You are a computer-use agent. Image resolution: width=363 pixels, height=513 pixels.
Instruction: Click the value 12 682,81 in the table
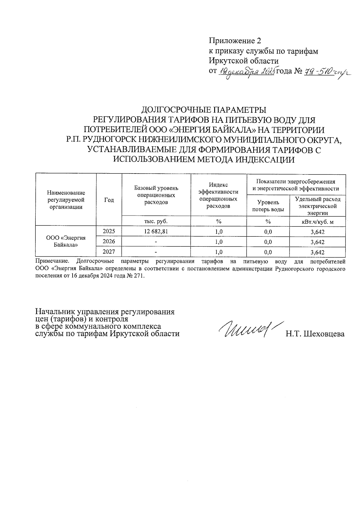pyautogui.click(x=156, y=232)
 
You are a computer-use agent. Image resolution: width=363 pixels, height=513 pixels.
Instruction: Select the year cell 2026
pyautogui.click(x=109, y=242)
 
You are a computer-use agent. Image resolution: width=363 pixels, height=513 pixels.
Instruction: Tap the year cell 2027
pyautogui.click(x=109, y=252)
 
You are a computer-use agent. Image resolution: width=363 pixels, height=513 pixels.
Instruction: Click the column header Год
pyautogui.click(x=109, y=200)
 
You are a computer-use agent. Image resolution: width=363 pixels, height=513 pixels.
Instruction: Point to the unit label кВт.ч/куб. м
pyautogui.click(x=317, y=222)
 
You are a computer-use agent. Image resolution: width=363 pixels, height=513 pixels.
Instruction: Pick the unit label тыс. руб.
pyautogui.click(x=156, y=221)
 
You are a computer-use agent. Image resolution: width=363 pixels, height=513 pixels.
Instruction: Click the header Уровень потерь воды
pyautogui.click(x=268, y=206)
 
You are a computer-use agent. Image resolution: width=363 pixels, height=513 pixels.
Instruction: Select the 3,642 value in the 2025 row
pyautogui.click(x=317, y=232)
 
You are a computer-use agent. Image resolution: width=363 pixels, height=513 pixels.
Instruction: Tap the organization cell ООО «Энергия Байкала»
pyautogui.click(x=66, y=241)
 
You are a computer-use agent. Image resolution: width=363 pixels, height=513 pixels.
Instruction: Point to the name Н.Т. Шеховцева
pyautogui.click(x=315, y=334)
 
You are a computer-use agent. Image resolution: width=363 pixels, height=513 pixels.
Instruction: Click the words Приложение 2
pyautogui.click(x=235, y=41)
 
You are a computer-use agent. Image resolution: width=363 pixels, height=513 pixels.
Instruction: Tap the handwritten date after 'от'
pyautogui.click(x=246, y=72)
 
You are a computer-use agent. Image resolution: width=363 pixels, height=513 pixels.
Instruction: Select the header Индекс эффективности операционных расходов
pyautogui.click(x=218, y=195)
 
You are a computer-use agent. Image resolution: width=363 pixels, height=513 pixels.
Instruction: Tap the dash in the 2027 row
pyautogui.click(x=156, y=252)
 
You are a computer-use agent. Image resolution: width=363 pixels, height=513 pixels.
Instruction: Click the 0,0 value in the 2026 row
pyautogui.click(x=268, y=242)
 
